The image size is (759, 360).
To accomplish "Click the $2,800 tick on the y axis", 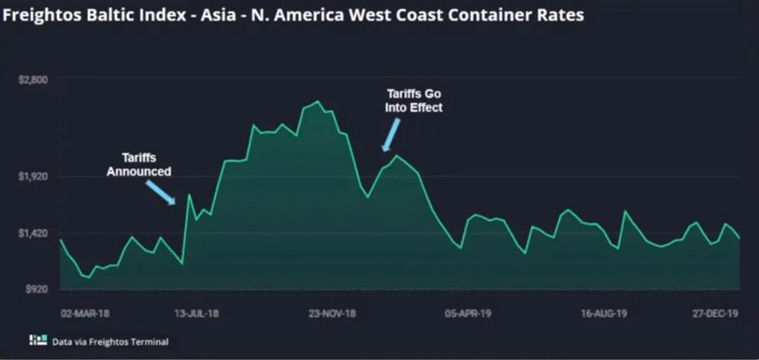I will coord(33,79).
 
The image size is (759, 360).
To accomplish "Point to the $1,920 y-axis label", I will coord(33,177).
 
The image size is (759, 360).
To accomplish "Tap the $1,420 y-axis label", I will coord(33,233).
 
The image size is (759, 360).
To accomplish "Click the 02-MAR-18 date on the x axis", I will coord(85,311).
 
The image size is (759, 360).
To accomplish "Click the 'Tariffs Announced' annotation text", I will coord(138,164).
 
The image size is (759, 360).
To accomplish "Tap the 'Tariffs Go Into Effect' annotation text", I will coord(413,100).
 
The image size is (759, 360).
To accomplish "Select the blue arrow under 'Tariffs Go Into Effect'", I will coord(391,134).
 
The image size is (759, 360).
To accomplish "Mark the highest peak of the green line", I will coord(316,102).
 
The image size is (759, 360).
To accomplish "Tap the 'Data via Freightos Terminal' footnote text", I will coord(110,341).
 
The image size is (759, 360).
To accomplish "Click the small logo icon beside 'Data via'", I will coord(37,341).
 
